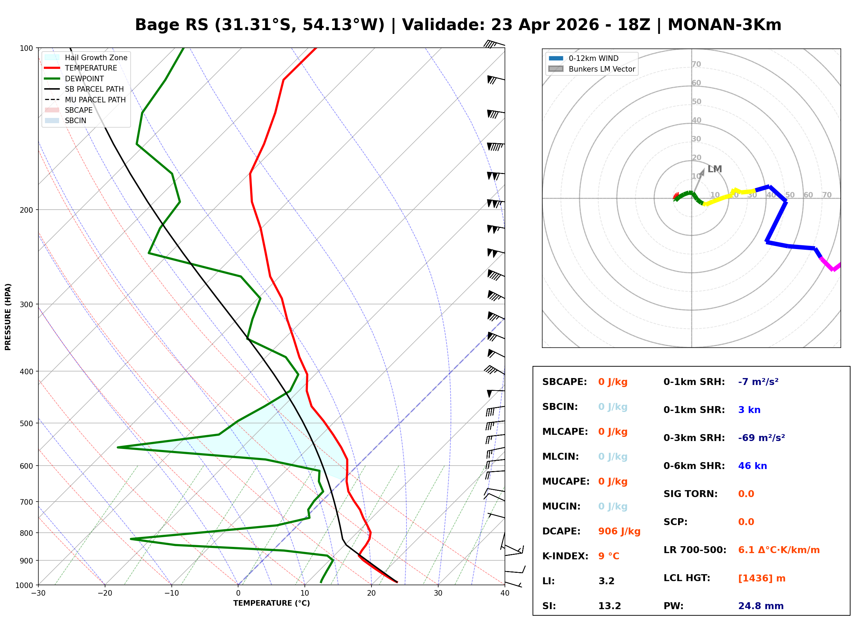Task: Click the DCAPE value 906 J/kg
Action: (x=619, y=531)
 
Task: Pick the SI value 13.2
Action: (x=609, y=606)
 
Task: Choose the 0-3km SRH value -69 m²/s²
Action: (x=761, y=438)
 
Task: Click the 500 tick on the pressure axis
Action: (x=26, y=423)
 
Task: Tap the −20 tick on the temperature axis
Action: (x=104, y=593)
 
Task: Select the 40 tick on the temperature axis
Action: (x=505, y=593)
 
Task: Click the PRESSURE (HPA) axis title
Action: (x=8, y=316)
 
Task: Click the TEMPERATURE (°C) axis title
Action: (x=271, y=603)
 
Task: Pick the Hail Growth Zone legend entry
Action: (x=96, y=57)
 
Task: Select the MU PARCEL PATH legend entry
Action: (x=95, y=100)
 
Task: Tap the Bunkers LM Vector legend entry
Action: (x=601, y=69)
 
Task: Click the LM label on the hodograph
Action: (x=714, y=169)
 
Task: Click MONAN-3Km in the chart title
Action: (x=724, y=25)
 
